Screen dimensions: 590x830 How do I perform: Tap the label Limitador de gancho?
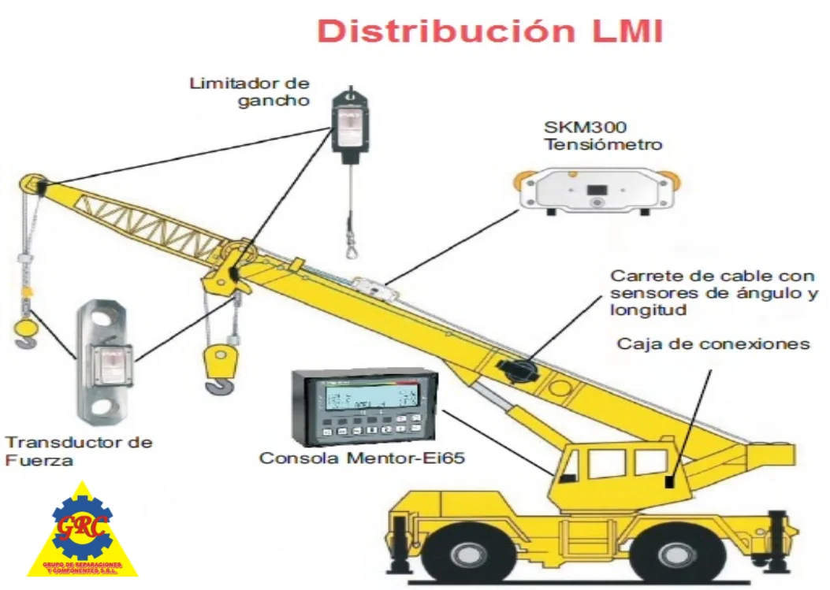tap(249, 91)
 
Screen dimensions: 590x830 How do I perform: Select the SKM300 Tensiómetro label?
tap(602, 135)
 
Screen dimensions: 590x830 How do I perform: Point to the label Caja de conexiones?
tap(713, 344)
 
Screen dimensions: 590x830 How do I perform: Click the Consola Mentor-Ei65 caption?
tap(362, 458)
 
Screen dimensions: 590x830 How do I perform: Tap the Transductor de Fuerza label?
tap(79, 451)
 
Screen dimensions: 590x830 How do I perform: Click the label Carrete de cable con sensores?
tap(713, 293)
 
